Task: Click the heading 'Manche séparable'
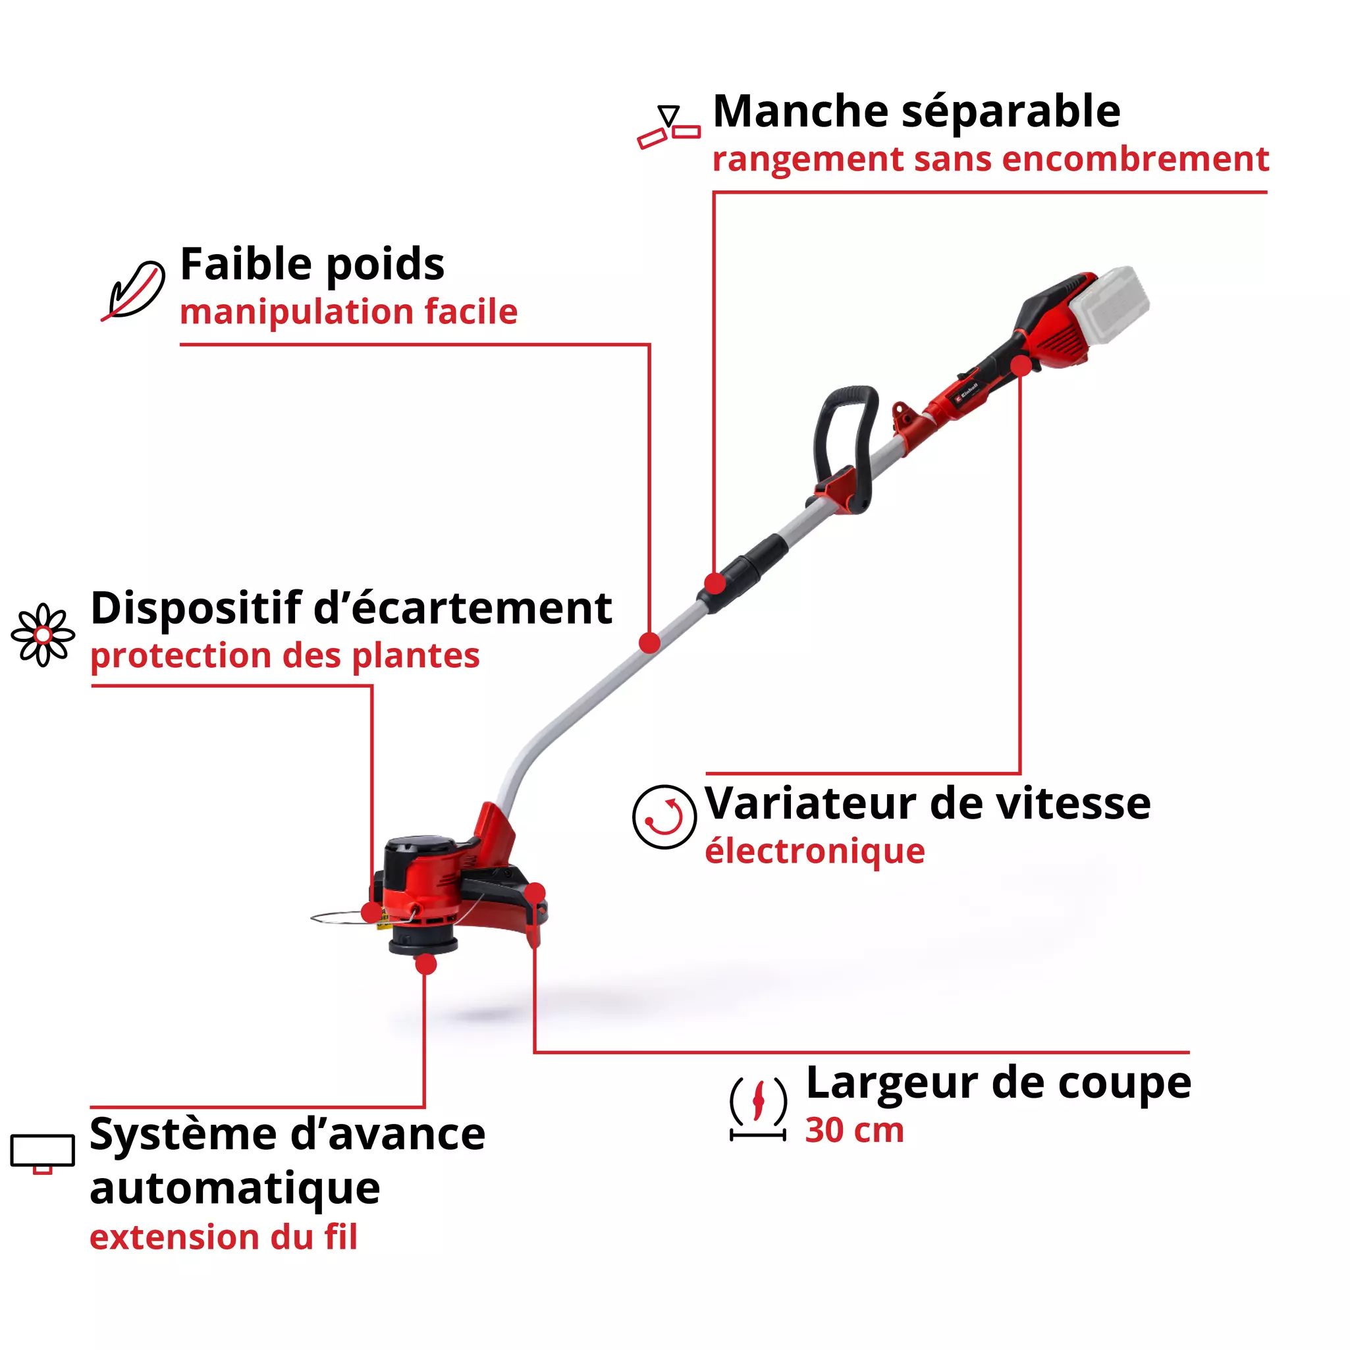click(x=916, y=112)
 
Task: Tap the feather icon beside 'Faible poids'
click(x=134, y=290)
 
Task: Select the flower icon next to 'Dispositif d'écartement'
click(x=43, y=634)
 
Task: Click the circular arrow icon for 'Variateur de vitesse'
click(x=664, y=816)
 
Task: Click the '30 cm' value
click(x=854, y=1131)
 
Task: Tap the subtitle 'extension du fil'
click(x=224, y=1237)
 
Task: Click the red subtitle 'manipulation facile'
click(x=348, y=311)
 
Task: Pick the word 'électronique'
click(x=815, y=851)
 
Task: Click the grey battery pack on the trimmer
click(x=1110, y=306)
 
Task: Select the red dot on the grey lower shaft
click(x=650, y=642)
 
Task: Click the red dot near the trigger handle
click(x=1021, y=365)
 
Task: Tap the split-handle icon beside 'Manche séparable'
click(x=668, y=127)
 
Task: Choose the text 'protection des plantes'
click(x=285, y=655)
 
